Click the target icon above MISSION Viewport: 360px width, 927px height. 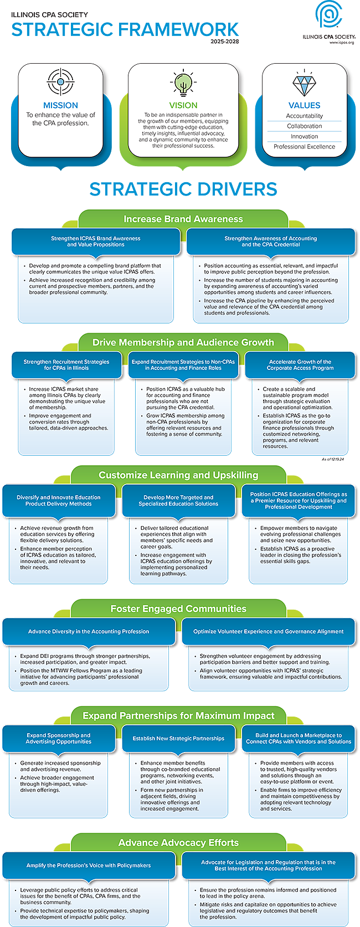click(x=60, y=82)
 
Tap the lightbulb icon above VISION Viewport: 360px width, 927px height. click(x=183, y=83)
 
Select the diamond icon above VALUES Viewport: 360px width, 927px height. click(x=304, y=84)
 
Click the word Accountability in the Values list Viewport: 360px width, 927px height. click(x=304, y=116)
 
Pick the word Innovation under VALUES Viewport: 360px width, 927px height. click(x=304, y=136)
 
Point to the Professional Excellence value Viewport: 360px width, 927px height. click(x=304, y=147)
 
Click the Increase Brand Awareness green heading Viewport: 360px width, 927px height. click(x=183, y=219)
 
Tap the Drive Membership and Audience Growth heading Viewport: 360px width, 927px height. click(x=183, y=343)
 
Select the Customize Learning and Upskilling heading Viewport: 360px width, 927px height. click(x=178, y=475)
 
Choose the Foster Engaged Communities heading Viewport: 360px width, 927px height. click(x=178, y=609)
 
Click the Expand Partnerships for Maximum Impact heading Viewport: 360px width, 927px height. click(x=178, y=716)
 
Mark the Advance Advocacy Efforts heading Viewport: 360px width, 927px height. click(x=178, y=843)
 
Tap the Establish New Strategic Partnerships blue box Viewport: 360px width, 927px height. click(x=178, y=739)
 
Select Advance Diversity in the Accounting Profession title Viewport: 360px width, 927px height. click(x=89, y=631)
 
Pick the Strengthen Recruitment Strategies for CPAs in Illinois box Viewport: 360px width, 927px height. click(x=66, y=365)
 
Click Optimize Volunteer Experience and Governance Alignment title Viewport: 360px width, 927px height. click(x=268, y=631)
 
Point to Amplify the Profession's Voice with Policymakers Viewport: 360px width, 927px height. click(x=89, y=865)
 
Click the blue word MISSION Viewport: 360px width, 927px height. click(x=60, y=105)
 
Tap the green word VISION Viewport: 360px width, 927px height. click(x=183, y=105)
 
